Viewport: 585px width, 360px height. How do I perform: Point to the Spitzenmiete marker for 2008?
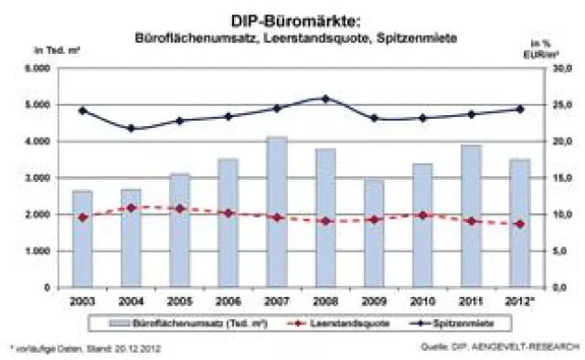pos(325,99)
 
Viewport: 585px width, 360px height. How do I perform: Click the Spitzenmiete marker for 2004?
pos(131,128)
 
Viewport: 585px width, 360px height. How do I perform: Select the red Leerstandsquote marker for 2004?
pos(131,208)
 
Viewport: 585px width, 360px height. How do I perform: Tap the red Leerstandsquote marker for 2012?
pos(519,224)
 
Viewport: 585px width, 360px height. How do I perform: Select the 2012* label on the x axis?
pos(519,301)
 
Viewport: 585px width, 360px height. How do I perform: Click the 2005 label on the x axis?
pos(179,301)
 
